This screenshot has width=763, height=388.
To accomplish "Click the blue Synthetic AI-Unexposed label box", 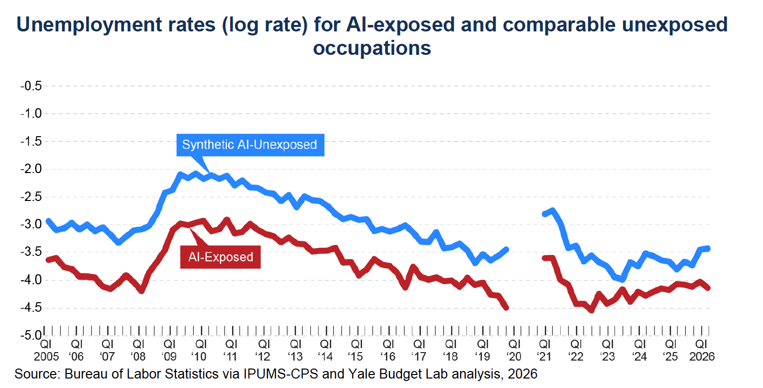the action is tap(251, 145).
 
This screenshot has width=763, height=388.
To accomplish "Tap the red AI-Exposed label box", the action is tap(221, 257).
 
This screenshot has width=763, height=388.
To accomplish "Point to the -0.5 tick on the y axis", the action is tap(31, 86).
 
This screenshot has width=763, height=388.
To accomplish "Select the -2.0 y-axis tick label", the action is tap(31, 169).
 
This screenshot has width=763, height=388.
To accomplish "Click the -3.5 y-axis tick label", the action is tap(31, 252).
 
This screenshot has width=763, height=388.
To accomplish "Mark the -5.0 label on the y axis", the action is tap(31, 336).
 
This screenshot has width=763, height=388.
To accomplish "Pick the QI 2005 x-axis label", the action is tap(46, 350).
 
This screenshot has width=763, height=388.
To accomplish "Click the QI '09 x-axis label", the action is tap(170, 350).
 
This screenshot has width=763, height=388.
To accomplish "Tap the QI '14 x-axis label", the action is tap(326, 350).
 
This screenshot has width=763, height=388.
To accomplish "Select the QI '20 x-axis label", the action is tap(513, 350).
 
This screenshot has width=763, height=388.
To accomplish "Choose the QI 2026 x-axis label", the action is tap(702, 350).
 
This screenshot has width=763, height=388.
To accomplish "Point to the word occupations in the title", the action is tap(372, 48).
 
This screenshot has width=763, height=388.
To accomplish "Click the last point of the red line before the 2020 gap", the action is tap(506, 308).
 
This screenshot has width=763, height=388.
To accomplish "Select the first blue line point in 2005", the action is tap(48, 221).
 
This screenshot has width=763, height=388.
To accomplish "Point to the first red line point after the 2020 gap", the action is tap(544, 258).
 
